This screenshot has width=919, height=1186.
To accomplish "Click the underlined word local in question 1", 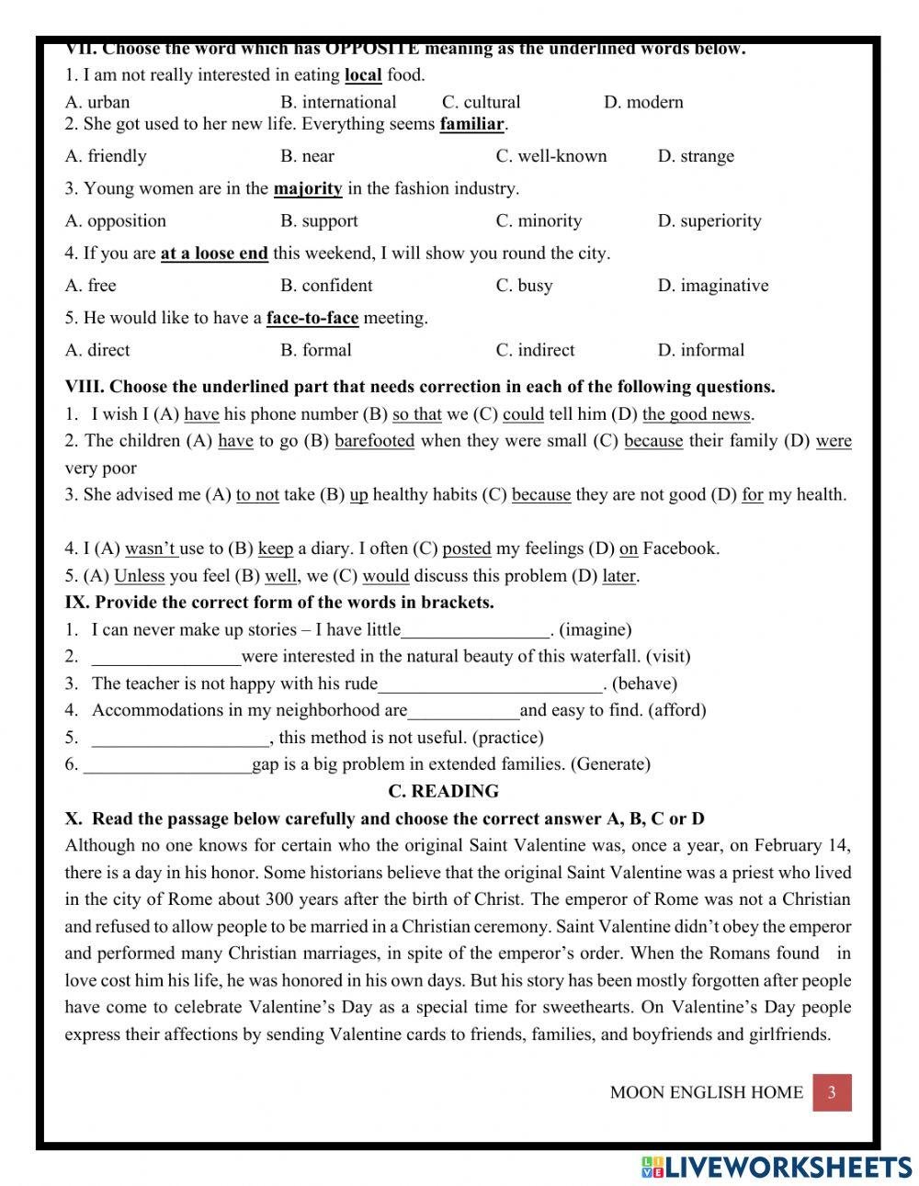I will coord(363,75).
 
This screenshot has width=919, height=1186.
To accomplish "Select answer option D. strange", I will coord(696,156).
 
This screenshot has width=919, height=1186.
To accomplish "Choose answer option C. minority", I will coord(539,220).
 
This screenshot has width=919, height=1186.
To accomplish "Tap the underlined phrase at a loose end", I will coord(214,254).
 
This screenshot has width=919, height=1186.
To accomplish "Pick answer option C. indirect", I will coord(535,350).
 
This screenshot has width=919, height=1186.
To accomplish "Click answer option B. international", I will coord(338,102).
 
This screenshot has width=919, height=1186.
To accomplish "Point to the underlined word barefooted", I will coord(374,441).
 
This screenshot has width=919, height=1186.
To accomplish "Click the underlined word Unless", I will coord(139,576).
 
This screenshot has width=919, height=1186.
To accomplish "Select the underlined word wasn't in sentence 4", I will coord(151,548).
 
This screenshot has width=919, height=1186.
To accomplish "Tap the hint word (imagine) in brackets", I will coord(596,630).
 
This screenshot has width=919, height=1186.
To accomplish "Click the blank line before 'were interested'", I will coord(166,658).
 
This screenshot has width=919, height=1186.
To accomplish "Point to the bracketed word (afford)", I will coord(677,710).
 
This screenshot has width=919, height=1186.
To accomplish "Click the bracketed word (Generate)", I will coord(610,764).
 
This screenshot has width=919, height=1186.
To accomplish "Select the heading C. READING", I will coord(443,791).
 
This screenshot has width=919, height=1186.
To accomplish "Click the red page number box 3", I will coord(832,1092).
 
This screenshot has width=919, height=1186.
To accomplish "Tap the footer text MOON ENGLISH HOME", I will coord(706,1092).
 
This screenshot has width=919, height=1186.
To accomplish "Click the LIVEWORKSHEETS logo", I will coord(777,1167).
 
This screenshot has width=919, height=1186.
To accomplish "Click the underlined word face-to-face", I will coord(312,318).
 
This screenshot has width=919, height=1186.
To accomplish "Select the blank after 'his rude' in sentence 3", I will coord(491,684).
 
